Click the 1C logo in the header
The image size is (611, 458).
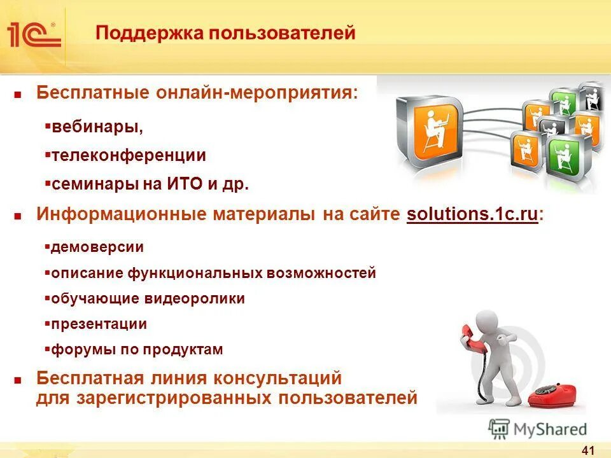pyautogui.click(x=34, y=34)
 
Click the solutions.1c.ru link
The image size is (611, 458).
pyautogui.click(x=472, y=214)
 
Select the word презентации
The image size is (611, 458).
pyautogui.click(x=99, y=324)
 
